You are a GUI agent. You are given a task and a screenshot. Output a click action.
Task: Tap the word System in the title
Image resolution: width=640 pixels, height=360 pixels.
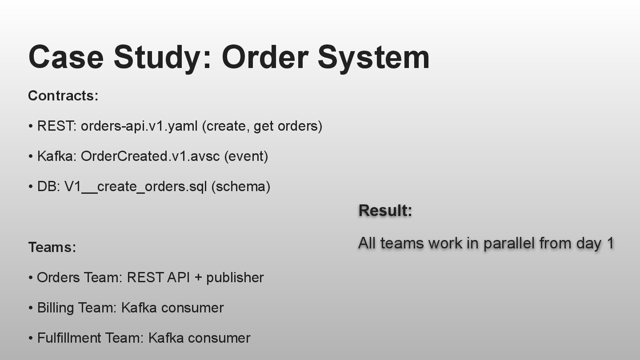[373, 57]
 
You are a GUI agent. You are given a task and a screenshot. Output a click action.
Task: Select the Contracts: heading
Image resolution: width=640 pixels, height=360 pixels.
[63, 96]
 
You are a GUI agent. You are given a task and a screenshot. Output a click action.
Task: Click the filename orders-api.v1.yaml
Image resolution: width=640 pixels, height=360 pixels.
[139, 126]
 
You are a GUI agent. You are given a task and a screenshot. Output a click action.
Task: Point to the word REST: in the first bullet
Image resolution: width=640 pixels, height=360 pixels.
[57, 126]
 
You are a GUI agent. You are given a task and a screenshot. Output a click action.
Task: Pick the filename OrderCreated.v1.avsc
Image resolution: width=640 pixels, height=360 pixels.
[150, 156]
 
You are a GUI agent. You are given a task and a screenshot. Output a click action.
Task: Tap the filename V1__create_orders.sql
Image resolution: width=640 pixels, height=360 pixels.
[136, 187]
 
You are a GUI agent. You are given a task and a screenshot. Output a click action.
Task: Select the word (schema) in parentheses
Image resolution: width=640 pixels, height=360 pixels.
[241, 187]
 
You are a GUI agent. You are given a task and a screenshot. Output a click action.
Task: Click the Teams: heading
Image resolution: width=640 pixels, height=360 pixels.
[52, 247]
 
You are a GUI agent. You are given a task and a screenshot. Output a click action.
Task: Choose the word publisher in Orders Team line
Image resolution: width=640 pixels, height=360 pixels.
[235, 278]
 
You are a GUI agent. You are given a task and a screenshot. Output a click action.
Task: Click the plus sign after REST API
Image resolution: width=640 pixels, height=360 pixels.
[198, 278]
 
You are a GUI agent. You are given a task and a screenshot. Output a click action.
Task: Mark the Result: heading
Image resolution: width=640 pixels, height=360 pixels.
[385, 211]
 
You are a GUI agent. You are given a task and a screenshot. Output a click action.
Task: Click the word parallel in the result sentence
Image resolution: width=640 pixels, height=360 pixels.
[509, 243]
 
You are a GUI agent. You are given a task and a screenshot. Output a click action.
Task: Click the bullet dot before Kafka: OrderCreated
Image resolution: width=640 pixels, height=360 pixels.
[31, 157]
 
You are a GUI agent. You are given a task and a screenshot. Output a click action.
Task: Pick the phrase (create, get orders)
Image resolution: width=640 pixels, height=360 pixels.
[262, 126]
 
